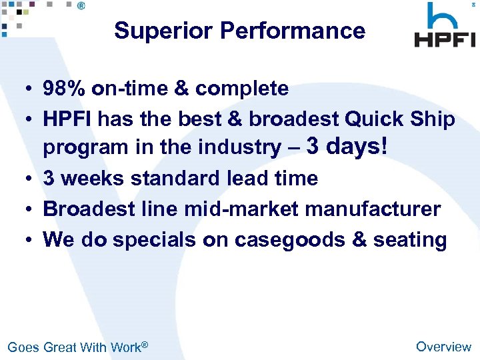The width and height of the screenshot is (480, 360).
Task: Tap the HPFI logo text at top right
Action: coord(445,39)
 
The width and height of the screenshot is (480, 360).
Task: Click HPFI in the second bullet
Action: coord(67,119)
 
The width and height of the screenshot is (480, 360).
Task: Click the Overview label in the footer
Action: coord(443,347)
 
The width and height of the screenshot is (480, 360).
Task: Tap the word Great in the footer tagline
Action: coord(60,347)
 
